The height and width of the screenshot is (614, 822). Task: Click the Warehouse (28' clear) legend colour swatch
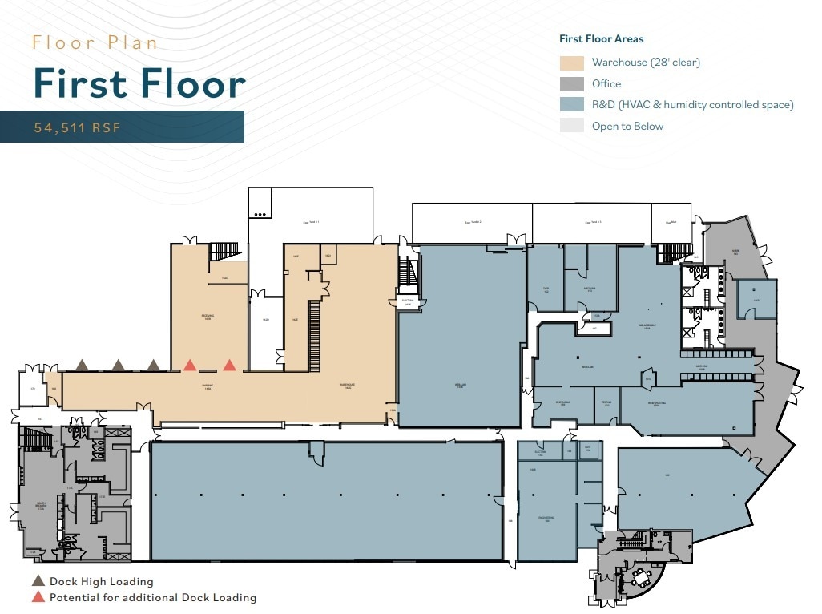click(571, 63)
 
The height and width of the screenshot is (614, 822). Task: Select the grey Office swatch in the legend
click(571, 83)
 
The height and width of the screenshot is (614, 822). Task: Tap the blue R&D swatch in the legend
click(571, 104)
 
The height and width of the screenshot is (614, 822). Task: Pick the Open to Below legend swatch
click(571, 125)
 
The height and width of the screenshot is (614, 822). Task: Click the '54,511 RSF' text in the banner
click(77, 127)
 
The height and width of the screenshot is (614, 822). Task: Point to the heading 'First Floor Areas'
click(601, 38)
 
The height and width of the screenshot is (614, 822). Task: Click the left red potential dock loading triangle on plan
click(190, 366)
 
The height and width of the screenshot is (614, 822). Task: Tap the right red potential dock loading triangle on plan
click(230, 366)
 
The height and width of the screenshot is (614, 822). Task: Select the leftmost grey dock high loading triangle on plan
click(82, 366)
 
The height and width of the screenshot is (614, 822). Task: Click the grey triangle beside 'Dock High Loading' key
click(38, 581)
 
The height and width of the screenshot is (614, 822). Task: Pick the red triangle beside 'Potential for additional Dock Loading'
click(38, 597)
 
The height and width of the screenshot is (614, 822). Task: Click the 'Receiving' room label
click(207, 317)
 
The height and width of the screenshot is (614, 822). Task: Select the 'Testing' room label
click(606, 403)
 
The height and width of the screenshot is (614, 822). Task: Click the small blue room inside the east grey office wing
click(756, 297)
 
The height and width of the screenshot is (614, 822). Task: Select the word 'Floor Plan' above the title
click(95, 42)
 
